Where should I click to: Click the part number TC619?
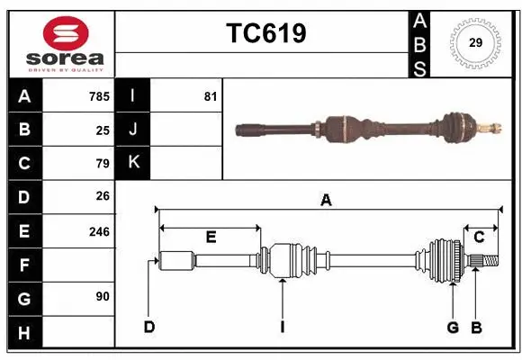[x=265, y=33]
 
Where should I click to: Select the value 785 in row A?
[x=99, y=96]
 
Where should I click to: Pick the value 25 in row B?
[x=103, y=130]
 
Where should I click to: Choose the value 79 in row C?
[x=103, y=163]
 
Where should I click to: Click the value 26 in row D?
[x=103, y=196]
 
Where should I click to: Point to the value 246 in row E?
[x=99, y=231]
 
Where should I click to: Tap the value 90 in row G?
[x=103, y=296]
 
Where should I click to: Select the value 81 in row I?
[x=210, y=96]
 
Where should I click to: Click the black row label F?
[x=24, y=265]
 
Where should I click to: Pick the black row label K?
[x=133, y=163]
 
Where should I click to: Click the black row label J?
[x=133, y=130]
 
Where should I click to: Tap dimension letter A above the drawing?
[x=326, y=201]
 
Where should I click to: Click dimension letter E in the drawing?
[x=211, y=238]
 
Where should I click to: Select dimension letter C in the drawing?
[x=479, y=238]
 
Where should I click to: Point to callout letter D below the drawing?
[x=149, y=327]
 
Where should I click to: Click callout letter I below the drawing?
[x=282, y=327]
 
